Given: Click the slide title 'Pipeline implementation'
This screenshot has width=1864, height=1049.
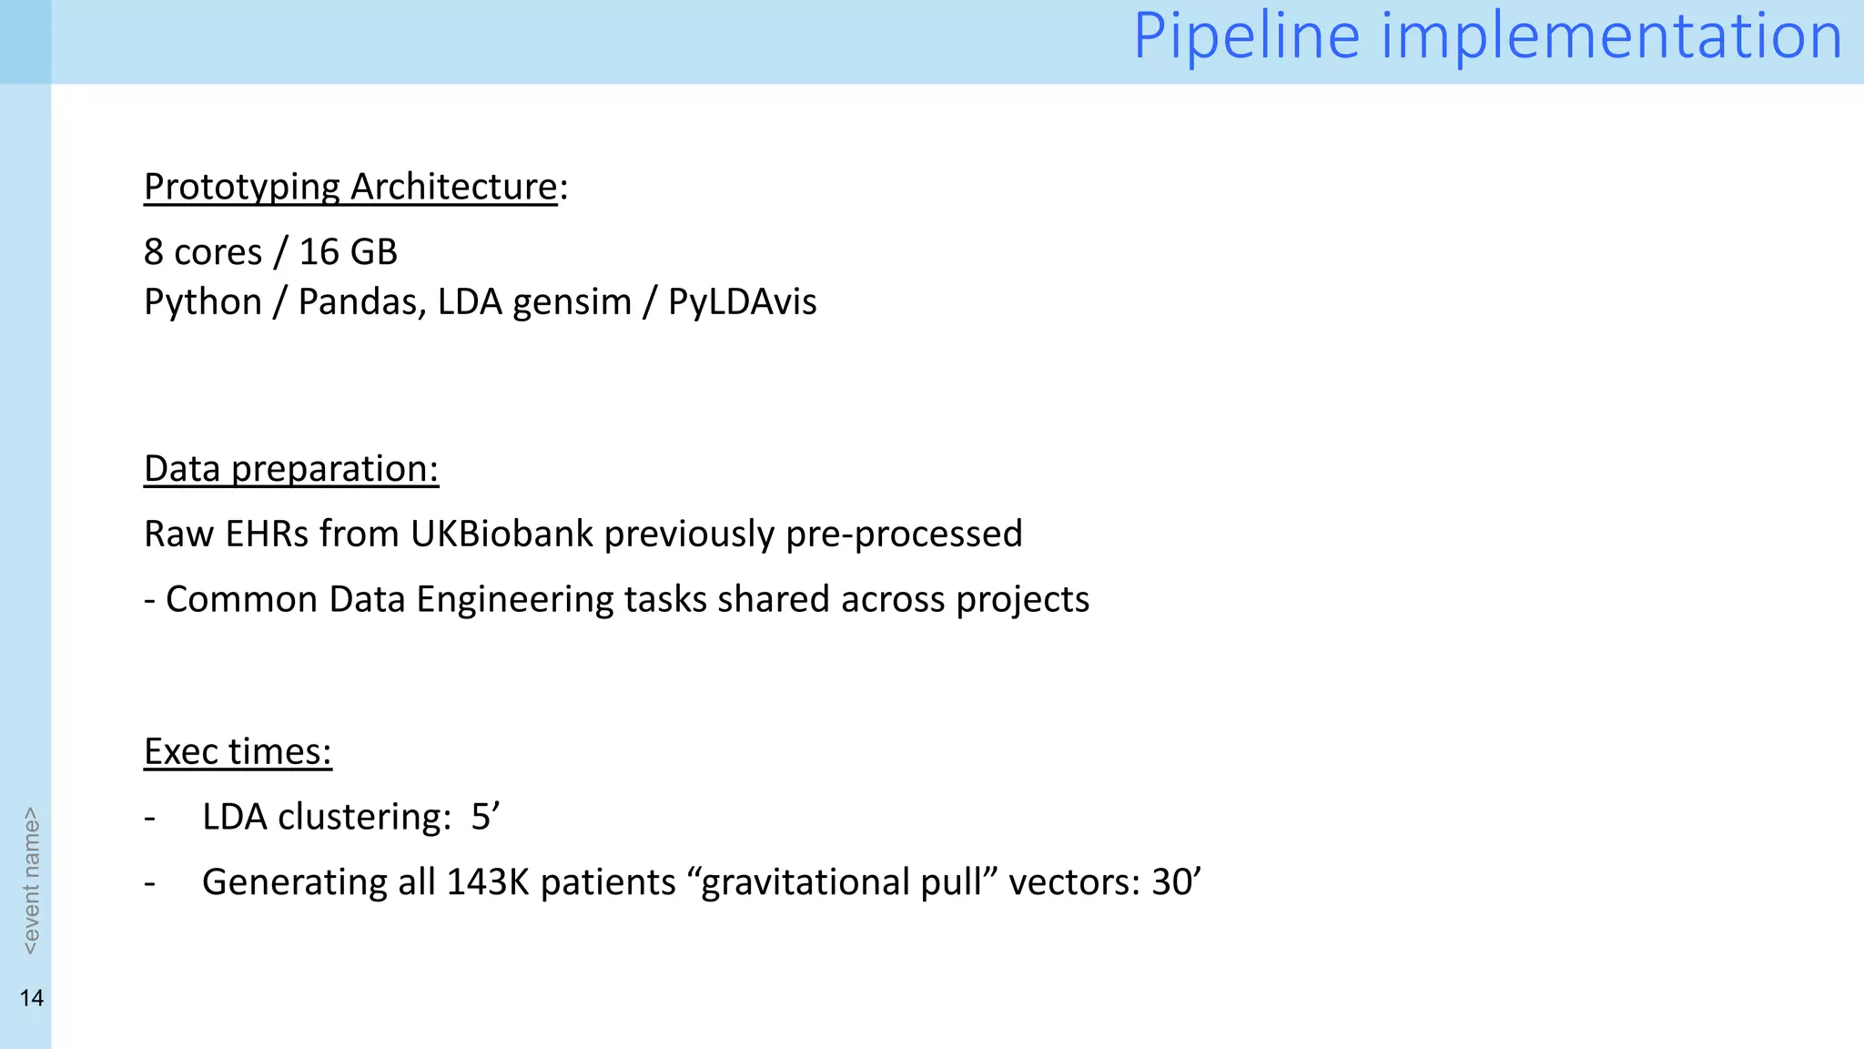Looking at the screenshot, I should pyautogui.click(x=1487, y=36).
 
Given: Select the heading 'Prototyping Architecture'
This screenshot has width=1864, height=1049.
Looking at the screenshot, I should pyautogui.click(x=350, y=187).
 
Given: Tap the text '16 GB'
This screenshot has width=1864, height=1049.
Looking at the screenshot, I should pyautogui.click(x=348, y=252).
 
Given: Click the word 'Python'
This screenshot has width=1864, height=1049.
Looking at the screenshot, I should pyautogui.click(x=202, y=302).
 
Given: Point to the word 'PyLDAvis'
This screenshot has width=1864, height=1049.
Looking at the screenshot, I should pyautogui.click(x=742, y=302).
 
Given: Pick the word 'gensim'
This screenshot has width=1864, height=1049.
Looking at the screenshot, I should pyautogui.click(x=572, y=302).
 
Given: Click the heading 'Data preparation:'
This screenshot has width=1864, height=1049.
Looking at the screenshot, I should pyautogui.click(x=291, y=469).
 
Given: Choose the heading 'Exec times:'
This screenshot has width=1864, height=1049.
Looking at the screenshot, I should pyautogui.click(x=238, y=752).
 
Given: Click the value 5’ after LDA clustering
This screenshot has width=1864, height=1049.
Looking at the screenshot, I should pyautogui.click(x=485, y=817).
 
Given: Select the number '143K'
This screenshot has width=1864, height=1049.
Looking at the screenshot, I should pyautogui.click(x=487, y=882).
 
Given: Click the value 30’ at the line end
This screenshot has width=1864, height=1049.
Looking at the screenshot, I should pyautogui.click(x=1176, y=882).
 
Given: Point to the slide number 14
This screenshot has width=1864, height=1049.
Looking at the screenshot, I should pyautogui.click(x=32, y=998).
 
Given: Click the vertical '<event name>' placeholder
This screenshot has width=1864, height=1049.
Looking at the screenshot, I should pyautogui.click(x=31, y=881).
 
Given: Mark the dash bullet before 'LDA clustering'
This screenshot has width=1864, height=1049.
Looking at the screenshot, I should pyautogui.click(x=150, y=818).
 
